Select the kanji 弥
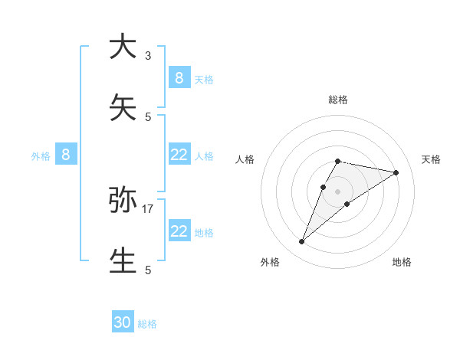[123, 200]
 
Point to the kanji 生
[123, 260]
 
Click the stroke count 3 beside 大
[148, 56]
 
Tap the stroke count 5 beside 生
[148, 270]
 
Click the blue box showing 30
[123, 322]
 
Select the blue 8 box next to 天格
[179, 77]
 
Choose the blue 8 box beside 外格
[66, 155]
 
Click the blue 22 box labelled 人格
[179, 155]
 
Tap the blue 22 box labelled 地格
[179, 231]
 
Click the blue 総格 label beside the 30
[147, 324]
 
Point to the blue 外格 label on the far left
[41, 155]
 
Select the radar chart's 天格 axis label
[431, 159]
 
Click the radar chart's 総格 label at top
[337, 100]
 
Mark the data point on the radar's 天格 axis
[396, 172]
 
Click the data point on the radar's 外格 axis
[301, 242]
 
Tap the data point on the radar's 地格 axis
[347, 204]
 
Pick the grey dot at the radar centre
[337, 191]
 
